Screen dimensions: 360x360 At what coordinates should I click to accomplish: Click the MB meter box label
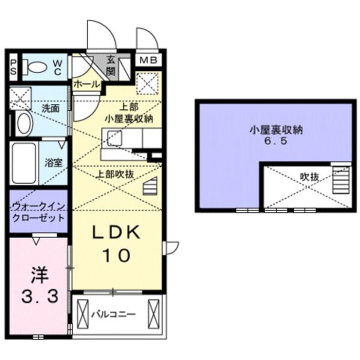pyautogui.click(x=147, y=61)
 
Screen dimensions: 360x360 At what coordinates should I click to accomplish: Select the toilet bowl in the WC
pyautogui.click(x=37, y=68)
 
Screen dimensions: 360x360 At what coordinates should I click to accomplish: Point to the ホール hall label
pyautogui.click(x=86, y=85)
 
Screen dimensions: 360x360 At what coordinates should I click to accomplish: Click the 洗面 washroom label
pyautogui.click(x=50, y=109)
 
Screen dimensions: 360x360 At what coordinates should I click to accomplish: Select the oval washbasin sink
pyautogui.click(x=23, y=124)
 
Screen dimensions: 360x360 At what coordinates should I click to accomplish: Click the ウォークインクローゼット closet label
pyautogui.click(x=38, y=212)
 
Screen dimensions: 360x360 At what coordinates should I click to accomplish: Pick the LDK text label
pyautogui.click(x=116, y=232)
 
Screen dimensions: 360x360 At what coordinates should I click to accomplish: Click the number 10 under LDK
pyautogui.click(x=116, y=256)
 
